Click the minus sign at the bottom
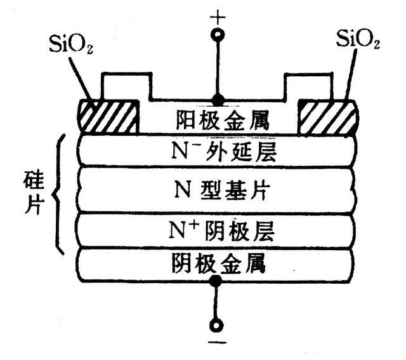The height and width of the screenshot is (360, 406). pyautogui.click(x=218, y=348)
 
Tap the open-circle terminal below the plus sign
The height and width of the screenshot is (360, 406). pyautogui.click(x=218, y=34)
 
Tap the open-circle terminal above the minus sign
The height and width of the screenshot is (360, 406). pyautogui.click(x=218, y=326)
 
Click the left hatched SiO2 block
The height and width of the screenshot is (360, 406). pyautogui.click(x=109, y=116)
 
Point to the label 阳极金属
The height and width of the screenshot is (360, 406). pyautogui.click(x=218, y=119)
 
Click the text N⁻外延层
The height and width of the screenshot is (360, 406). pyautogui.click(x=218, y=152)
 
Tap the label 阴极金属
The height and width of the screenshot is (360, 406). pyautogui.click(x=218, y=260)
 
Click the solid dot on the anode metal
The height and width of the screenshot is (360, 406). pyautogui.click(x=218, y=100)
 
